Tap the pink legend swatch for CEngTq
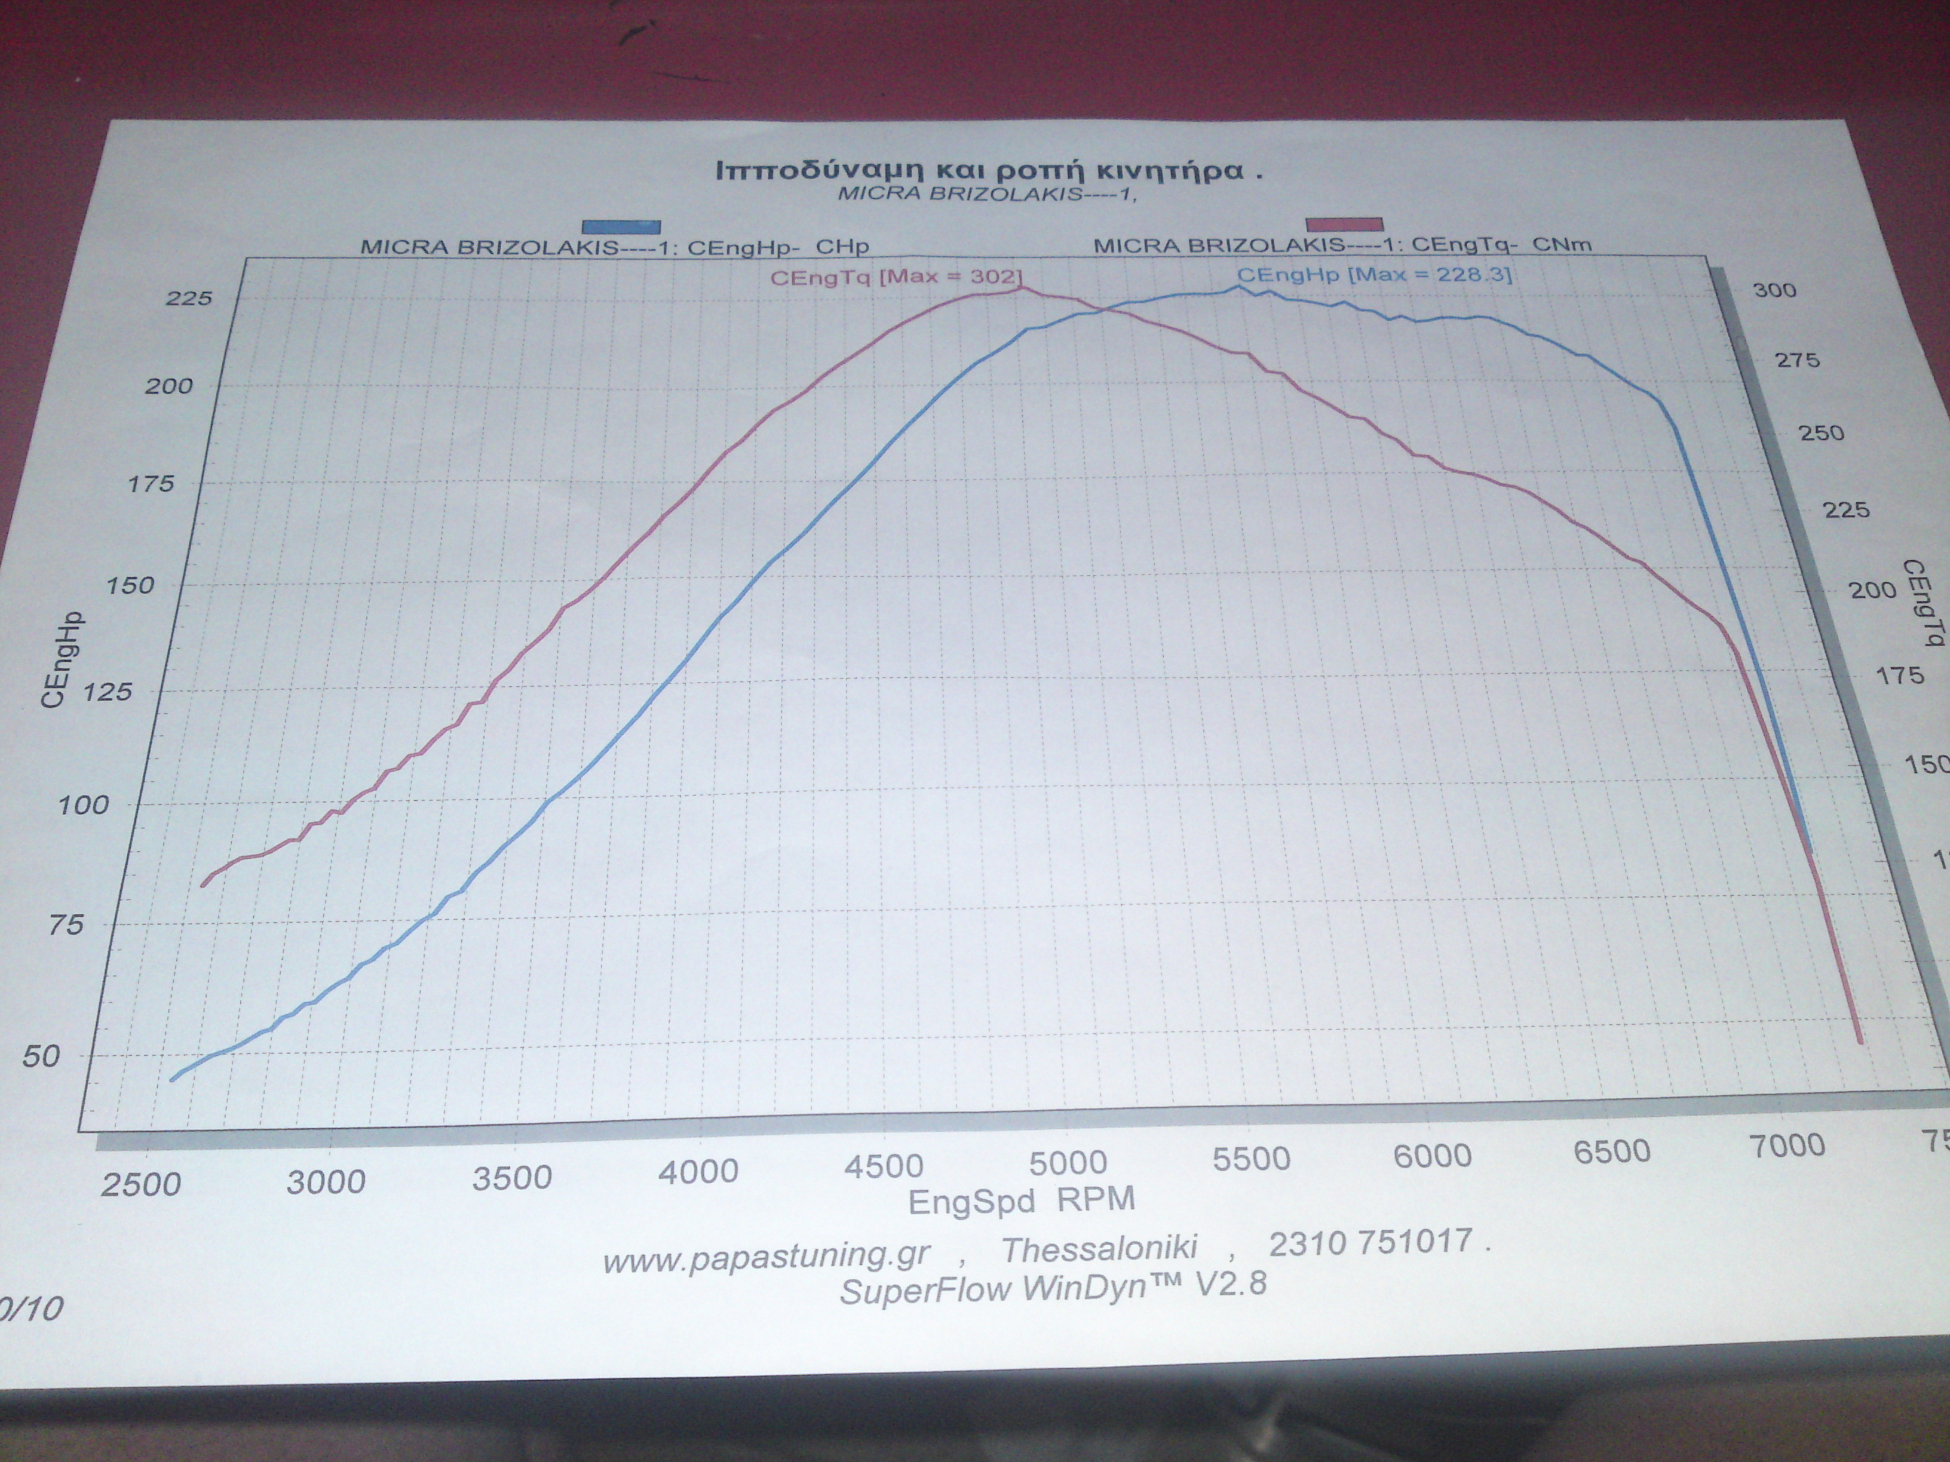click(1344, 225)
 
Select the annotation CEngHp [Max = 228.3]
click(1373, 275)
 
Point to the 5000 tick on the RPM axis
click(1068, 1163)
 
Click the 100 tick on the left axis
click(83, 804)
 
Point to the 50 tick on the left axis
click(41, 1056)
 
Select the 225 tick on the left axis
click(189, 299)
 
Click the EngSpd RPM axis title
click(1021, 1201)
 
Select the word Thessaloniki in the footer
click(1099, 1248)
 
